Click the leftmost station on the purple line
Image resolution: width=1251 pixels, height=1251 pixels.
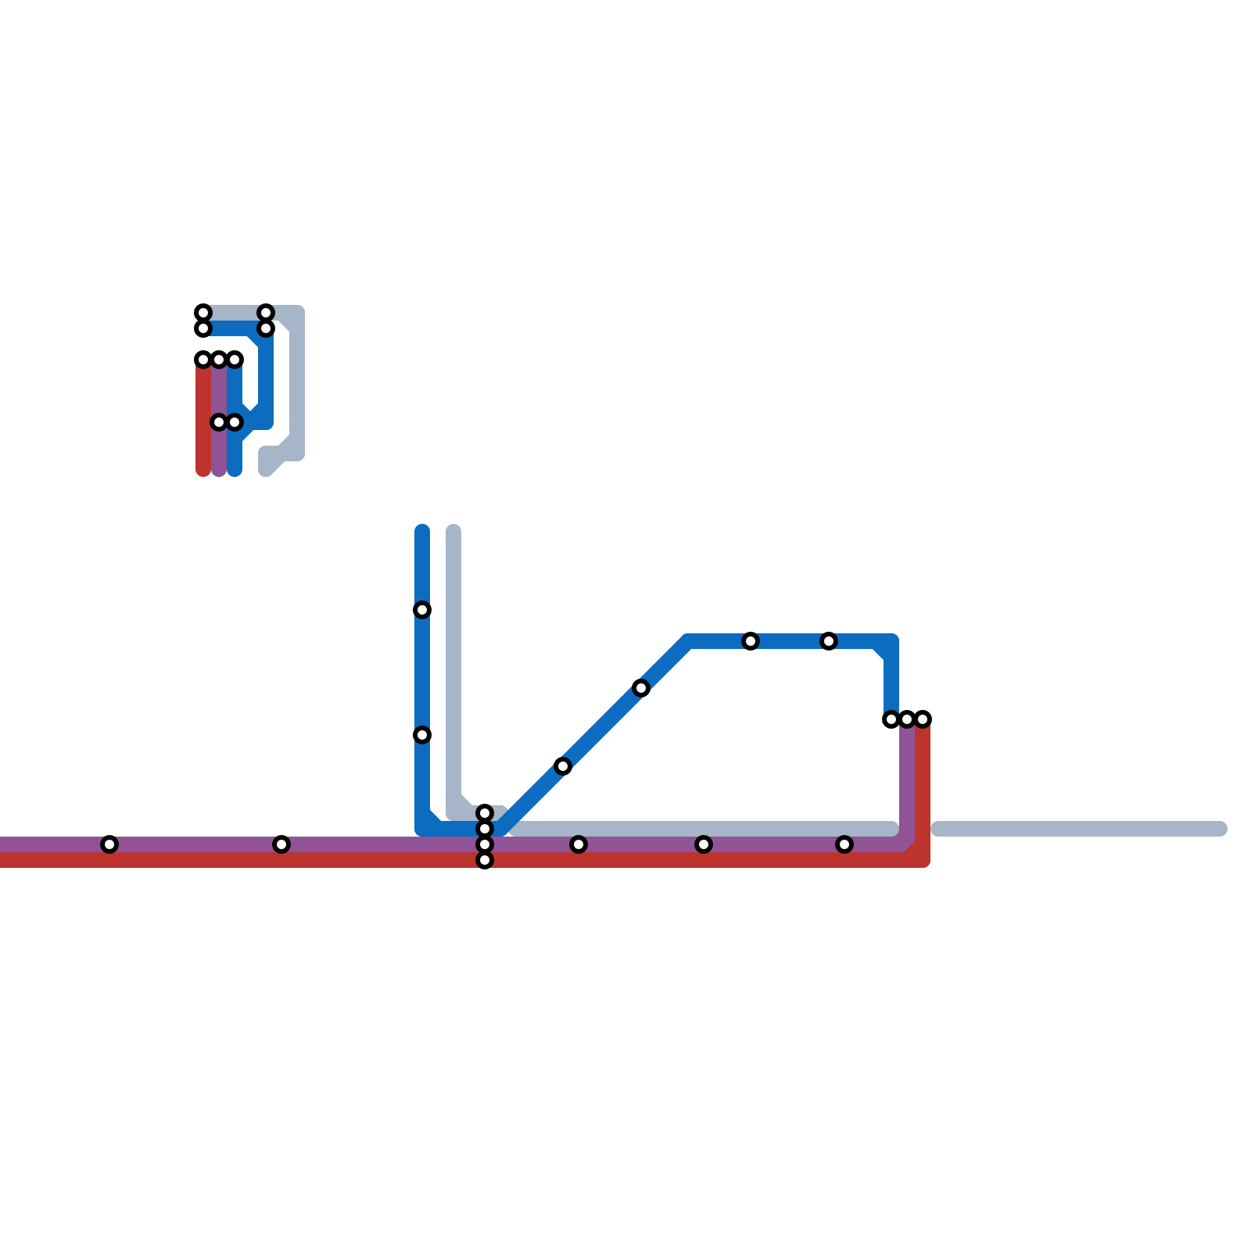tap(109, 844)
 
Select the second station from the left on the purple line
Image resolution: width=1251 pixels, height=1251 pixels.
tap(281, 844)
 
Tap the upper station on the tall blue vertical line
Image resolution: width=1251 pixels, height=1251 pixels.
tap(422, 610)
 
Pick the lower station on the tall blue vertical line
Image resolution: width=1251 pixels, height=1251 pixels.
tap(422, 735)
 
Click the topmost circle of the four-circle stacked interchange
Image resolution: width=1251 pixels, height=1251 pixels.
tap(485, 813)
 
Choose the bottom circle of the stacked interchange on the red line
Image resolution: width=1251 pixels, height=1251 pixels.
tap(485, 860)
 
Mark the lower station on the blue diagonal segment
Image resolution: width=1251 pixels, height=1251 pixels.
tap(563, 766)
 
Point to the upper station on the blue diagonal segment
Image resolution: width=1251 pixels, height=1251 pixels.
tap(641, 688)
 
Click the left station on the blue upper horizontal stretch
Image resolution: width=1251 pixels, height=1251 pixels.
tap(751, 641)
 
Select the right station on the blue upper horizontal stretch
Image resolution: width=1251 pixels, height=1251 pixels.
tap(829, 641)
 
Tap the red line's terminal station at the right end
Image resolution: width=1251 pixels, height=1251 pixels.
tap(923, 719)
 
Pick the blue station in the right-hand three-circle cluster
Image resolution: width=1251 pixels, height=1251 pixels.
tap(891, 719)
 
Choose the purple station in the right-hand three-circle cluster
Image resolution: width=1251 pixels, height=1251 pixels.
tap(907, 719)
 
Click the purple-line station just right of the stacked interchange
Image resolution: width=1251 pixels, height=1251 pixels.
tap(579, 844)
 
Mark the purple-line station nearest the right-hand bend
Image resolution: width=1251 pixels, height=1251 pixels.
tap(844, 844)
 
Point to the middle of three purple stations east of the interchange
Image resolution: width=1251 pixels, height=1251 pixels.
tap(704, 844)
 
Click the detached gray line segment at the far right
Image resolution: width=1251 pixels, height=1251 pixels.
tap(1079, 829)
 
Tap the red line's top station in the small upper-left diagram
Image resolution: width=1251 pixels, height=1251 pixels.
tap(203, 360)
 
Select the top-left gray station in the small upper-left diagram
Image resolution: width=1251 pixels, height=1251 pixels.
tap(203, 313)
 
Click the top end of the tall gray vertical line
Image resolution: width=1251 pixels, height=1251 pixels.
tap(453, 532)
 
